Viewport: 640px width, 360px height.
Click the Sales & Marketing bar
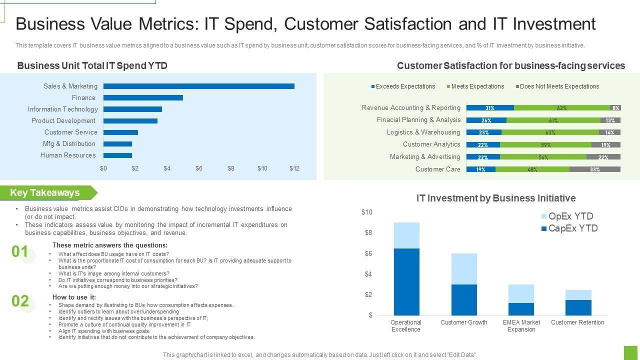198,86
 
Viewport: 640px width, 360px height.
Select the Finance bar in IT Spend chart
143,98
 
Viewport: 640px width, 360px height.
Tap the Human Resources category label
68,155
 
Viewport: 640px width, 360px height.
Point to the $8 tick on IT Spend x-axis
230,168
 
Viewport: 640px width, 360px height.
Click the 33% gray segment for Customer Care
595,169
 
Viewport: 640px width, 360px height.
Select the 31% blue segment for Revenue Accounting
490,108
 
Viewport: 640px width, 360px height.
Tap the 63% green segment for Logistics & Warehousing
550,132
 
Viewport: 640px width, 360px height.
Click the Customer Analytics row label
431,144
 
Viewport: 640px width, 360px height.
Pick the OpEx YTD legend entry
567,216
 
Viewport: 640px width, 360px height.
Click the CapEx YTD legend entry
569,228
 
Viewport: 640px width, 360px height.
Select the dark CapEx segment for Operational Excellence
406,281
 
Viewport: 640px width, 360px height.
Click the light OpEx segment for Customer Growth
464,269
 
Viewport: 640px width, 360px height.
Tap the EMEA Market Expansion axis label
521,326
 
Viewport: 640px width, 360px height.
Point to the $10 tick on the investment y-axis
367,212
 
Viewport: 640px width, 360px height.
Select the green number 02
20,301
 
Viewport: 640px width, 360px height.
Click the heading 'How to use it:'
74,297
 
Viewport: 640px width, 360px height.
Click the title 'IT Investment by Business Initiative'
496,198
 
